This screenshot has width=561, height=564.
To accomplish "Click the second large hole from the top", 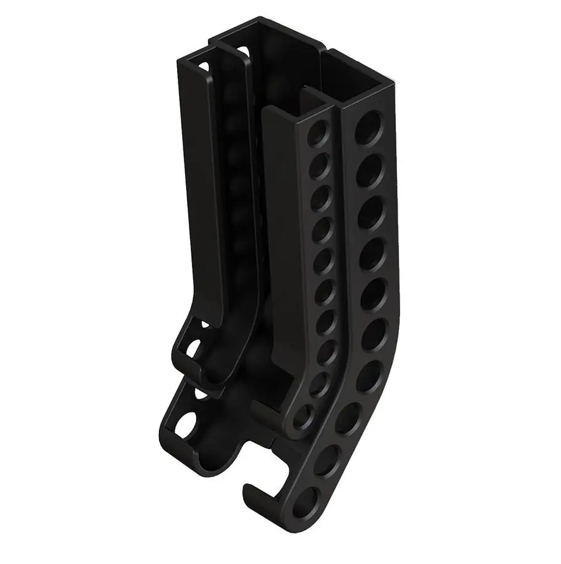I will pyautogui.click(x=370, y=164).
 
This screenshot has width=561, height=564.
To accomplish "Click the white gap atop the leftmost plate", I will pyautogui.click(x=201, y=63).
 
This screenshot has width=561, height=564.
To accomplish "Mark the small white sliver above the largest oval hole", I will pyautogui.click(x=199, y=395).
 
